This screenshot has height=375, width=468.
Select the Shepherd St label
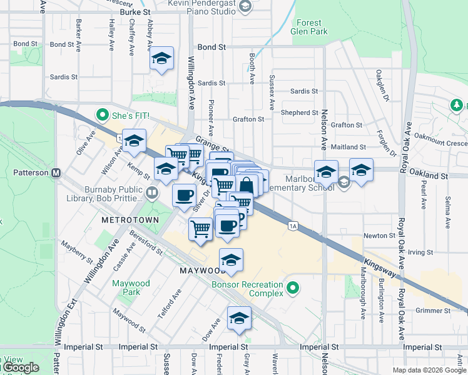tap(300, 113)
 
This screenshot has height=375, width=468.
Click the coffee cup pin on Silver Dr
tap(184, 195)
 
